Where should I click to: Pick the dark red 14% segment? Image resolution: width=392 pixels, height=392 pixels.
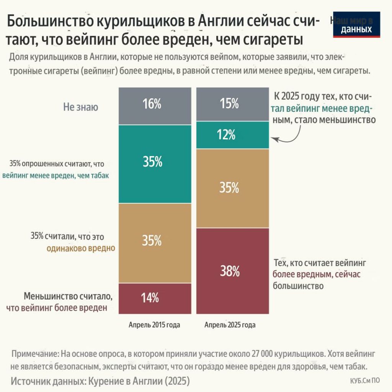coord(155,298)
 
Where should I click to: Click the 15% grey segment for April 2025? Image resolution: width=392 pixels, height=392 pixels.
coord(233,104)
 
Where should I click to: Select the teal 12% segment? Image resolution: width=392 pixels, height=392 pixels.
coord(233,135)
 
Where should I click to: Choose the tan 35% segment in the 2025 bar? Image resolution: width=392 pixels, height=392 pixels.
coord(233,188)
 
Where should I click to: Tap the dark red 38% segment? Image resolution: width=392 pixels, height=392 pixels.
coord(233,271)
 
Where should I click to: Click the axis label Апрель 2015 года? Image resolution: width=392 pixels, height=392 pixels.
coord(154,325)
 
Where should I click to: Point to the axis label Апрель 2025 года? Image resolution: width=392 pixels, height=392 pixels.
coord(230,325)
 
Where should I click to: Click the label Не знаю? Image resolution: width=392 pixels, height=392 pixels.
coord(81,107)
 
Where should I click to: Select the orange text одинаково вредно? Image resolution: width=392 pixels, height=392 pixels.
coord(81,248)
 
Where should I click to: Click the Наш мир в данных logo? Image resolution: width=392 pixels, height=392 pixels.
coord(356,24)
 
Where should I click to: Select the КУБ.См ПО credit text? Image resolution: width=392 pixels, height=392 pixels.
coord(365,381)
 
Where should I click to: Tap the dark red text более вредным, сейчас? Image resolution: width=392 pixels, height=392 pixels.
coord(317,274)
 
